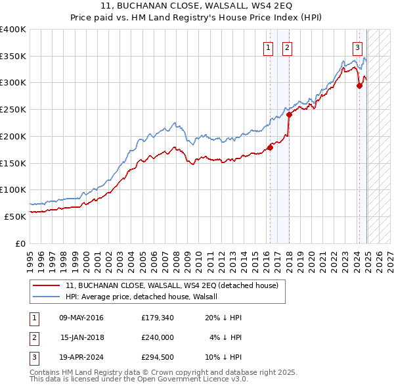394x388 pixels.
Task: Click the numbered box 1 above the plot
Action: coord(269,47)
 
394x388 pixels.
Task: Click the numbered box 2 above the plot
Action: coord(288,47)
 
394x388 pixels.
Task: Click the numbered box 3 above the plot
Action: coord(357,47)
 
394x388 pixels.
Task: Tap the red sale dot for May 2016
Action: coord(270,147)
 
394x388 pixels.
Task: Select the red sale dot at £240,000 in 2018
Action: coord(289,115)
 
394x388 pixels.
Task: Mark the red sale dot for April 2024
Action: coord(359,85)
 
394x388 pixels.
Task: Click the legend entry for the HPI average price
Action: coord(145,297)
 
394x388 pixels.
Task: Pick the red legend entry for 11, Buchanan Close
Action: coord(172,285)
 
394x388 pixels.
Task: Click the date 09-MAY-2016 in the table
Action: coord(81,318)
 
